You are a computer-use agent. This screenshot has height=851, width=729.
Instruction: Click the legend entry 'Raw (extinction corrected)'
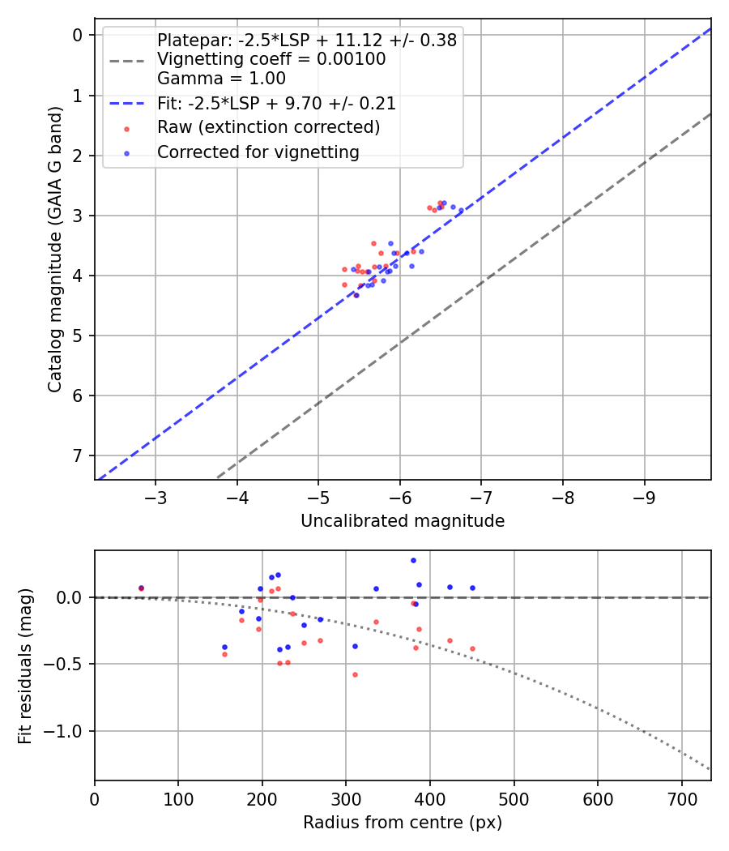coord(268,127)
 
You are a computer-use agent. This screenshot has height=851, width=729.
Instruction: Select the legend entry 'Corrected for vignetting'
coord(258,152)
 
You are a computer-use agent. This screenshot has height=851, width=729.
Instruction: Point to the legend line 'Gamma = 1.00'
coord(221,79)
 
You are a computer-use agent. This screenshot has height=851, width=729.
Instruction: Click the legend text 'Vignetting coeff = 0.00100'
coord(271,59)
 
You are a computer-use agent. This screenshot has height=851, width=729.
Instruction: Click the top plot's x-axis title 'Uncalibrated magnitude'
coord(403,521)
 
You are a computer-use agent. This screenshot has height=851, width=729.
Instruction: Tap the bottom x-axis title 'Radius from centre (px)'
coord(403,823)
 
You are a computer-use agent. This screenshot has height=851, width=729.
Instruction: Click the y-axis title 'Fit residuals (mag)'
coord(25,665)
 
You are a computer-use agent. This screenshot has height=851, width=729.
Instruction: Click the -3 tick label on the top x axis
coord(156,495)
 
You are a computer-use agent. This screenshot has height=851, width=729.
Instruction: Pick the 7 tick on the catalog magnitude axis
coord(78,455)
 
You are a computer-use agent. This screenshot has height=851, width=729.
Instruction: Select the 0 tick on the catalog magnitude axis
coord(78,35)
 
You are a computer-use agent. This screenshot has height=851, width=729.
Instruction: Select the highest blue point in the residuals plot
coord(413,560)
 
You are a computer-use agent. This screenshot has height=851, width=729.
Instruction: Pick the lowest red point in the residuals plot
coord(355,674)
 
